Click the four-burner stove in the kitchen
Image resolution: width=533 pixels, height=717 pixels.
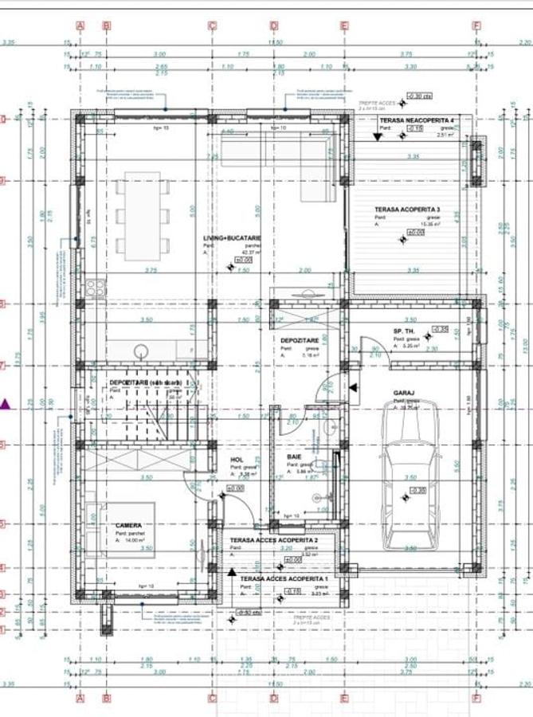pos(96,288)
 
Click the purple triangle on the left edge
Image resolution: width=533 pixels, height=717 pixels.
pos(6,405)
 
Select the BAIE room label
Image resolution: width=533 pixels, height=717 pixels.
pos(294,456)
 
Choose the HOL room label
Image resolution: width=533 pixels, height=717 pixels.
pos(236,460)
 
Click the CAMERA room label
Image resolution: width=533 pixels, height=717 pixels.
pos(128,526)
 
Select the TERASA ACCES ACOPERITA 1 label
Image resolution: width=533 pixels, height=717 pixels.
pos(284,578)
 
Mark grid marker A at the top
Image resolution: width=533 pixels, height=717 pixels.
pos(80,25)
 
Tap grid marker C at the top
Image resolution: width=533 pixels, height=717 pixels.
pos(213,25)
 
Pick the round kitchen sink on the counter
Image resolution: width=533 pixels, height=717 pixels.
pos(142,348)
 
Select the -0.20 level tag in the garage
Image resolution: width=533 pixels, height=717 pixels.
pos(417,490)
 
